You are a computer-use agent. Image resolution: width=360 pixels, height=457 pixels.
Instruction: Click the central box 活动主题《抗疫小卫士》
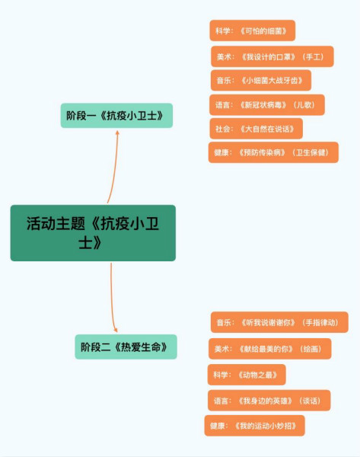(x=93, y=233)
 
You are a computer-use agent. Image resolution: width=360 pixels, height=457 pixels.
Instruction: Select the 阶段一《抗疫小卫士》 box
(x=116, y=116)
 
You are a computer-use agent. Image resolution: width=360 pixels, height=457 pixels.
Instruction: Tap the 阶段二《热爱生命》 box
(x=126, y=347)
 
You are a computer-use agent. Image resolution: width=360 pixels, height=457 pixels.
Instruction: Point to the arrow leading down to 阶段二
(x=112, y=297)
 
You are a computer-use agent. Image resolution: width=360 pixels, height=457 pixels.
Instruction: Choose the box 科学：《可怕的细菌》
(x=252, y=30)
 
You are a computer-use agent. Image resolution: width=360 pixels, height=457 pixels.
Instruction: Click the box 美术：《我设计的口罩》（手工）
(x=272, y=56)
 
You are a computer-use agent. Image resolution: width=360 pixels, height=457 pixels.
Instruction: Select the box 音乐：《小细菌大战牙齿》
(x=261, y=80)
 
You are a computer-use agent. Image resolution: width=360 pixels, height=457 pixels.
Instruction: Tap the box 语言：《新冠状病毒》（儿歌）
(x=267, y=104)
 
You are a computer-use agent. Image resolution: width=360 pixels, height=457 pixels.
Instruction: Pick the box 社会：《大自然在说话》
(x=256, y=129)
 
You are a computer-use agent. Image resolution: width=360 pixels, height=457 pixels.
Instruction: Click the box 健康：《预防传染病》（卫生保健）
(x=273, y=152)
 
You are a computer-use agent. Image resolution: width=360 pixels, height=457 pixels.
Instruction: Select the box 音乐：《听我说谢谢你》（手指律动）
(x=279, y=322)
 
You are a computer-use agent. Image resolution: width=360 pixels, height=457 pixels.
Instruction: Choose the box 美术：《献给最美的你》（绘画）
(x=269, y=349)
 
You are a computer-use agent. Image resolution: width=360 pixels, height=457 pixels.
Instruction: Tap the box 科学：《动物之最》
(x=247, y=375)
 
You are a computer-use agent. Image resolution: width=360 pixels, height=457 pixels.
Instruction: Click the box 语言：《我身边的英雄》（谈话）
(x=269, y=401)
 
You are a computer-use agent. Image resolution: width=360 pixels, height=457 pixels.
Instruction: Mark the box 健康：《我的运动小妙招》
(x=254, y=426)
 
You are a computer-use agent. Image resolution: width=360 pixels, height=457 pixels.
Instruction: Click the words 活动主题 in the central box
(x=56, y=223)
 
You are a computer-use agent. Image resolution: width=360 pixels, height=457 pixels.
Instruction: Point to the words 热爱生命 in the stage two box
(x=141, y=347)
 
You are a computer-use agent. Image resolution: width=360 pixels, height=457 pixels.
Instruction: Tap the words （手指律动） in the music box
(x=320, y=322)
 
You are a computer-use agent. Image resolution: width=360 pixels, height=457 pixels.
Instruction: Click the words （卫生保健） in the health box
(x=311, y=152)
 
